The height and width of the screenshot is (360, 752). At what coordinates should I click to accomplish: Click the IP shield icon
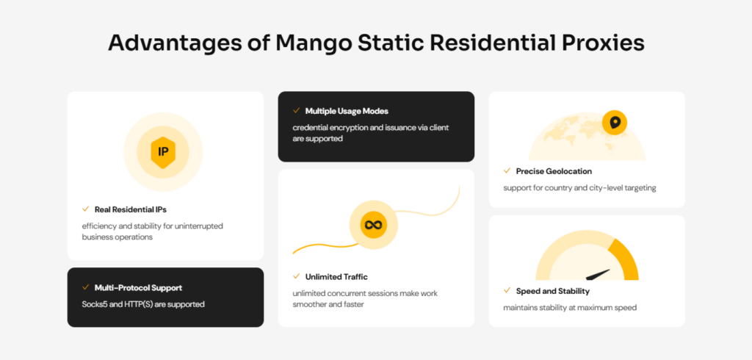pyautogui.click(x=163, y=152)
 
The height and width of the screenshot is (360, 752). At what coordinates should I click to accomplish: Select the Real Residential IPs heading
pyautogui.click(x=131, y=210)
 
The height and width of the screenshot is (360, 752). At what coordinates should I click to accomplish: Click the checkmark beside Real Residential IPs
pyautogui.click(x=86, y=209)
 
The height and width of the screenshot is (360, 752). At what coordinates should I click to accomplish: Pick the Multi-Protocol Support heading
pyautogui.click(x=138, y=288)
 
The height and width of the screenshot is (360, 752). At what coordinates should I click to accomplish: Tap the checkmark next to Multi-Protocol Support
pyautogui.click(x=86, y=287)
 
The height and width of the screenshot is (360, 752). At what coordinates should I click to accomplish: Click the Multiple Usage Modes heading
pyautogui.click(x=347, y=112)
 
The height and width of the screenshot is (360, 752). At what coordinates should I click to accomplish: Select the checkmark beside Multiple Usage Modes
pyautogui.click(x=297, y=110)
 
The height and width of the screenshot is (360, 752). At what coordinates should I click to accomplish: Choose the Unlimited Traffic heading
pyautogui.click(x=336, y=277)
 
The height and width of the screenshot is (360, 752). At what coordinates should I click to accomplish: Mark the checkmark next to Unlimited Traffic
pyautogui.click(x=297, y=276)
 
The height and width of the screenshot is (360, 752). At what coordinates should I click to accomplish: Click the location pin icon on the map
pyautogui.click(x=615, y=123)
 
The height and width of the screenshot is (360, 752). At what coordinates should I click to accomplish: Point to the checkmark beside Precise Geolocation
pyautogui.click(x=507, y=170)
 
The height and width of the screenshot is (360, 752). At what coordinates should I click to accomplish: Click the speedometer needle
pyautogui.click(x=598, y=275)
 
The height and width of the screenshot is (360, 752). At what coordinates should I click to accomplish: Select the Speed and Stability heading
pyautogui.click(x=553, y=292)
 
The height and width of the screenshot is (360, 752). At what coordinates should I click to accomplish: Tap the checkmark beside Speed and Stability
pyautogui.click(x=507, y=290)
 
